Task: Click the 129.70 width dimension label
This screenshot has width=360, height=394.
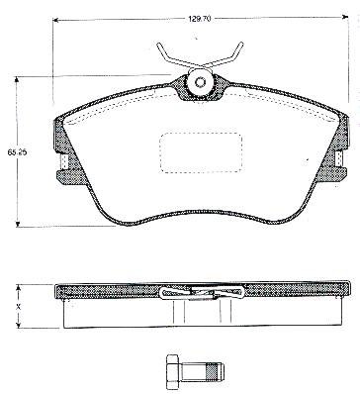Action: coord(199,19)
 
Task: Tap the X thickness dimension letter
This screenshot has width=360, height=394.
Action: coord(19,306)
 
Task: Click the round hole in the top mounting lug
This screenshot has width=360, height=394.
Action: coord(200,82)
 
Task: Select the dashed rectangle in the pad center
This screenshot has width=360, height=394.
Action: coord(201,152)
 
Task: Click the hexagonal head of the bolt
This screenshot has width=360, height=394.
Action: coord(172,371)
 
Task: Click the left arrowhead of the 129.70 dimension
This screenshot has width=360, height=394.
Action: coord(56,20)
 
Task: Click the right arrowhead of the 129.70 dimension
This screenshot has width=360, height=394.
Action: coord(345,16)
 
